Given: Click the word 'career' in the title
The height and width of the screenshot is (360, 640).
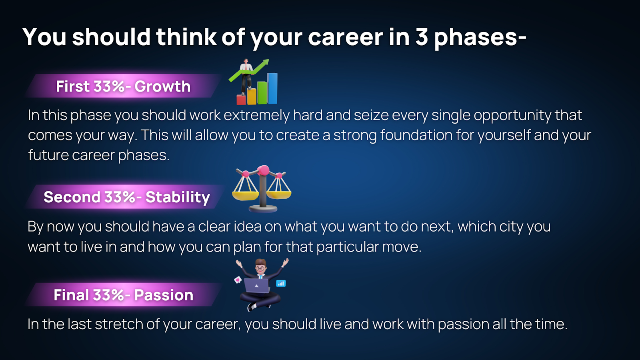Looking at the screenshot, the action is (x=346, y=37).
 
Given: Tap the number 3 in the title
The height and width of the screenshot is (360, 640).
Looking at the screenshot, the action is (x=422, y=36).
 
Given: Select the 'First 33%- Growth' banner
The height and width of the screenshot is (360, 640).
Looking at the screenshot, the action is (x=123, y=86).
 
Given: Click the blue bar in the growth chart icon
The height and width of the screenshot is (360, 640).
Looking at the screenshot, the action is (x=272, y=88).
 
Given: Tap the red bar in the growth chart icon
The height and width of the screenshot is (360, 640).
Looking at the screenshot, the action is (x=241, y=100).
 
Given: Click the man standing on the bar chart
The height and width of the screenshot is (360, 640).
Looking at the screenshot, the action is (x=246, y=76).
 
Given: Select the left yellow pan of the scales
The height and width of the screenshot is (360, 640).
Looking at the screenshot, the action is (x=246, y=196).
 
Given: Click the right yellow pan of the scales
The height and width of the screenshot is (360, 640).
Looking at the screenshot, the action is (x=278, y=195).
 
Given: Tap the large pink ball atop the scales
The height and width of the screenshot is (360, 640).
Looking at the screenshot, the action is (x=263, y=170).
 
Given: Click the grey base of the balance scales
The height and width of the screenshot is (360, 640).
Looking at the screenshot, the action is (x=263, y=209).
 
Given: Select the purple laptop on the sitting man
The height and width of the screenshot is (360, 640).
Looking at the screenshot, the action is (x=256, y=286).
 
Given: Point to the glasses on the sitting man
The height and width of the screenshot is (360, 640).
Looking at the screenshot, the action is (x=260, y=268).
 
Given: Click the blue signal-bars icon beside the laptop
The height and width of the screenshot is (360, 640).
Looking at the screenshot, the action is (x=281, y=284).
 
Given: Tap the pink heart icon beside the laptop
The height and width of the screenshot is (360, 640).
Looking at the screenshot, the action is (x=238, y=280).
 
